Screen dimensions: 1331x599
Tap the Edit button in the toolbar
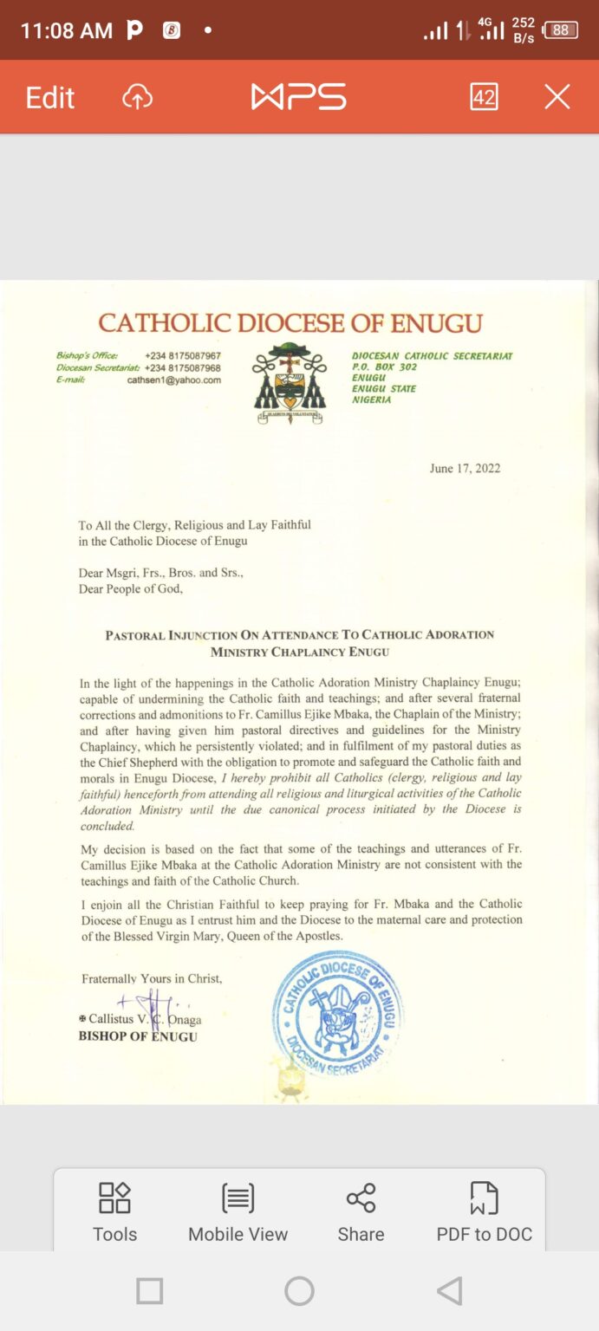[50, 97]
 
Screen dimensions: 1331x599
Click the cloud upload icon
[137, 97]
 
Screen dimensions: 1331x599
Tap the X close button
[557, 96]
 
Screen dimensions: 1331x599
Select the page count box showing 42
[484, 96]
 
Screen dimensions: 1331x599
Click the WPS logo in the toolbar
[298, 96]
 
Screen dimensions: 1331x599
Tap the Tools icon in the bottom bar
[114, 1211]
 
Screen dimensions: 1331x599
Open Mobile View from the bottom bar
[238, 1211]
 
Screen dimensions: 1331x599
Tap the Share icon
[361, 1211]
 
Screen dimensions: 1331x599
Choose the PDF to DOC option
[484, 1211]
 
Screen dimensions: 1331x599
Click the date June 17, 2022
[465, 469]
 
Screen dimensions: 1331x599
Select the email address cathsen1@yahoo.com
[174, 380]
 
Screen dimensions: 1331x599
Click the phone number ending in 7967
[183, 356]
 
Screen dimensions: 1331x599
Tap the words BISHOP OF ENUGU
[138, 1036]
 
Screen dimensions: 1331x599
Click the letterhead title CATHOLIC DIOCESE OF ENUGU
[290, 323]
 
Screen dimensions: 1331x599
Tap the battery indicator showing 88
[560, 30]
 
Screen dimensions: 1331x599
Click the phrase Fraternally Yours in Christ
[152, 978]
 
